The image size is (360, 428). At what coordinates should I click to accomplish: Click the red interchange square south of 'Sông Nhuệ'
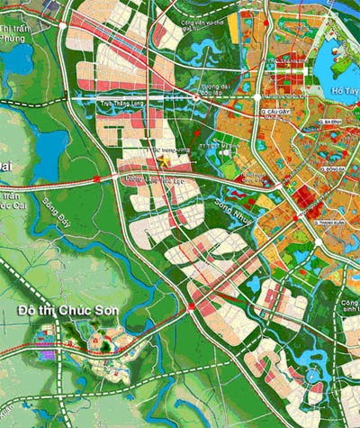coord(192,310)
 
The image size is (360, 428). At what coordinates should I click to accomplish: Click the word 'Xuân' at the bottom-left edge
coord(9,421)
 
